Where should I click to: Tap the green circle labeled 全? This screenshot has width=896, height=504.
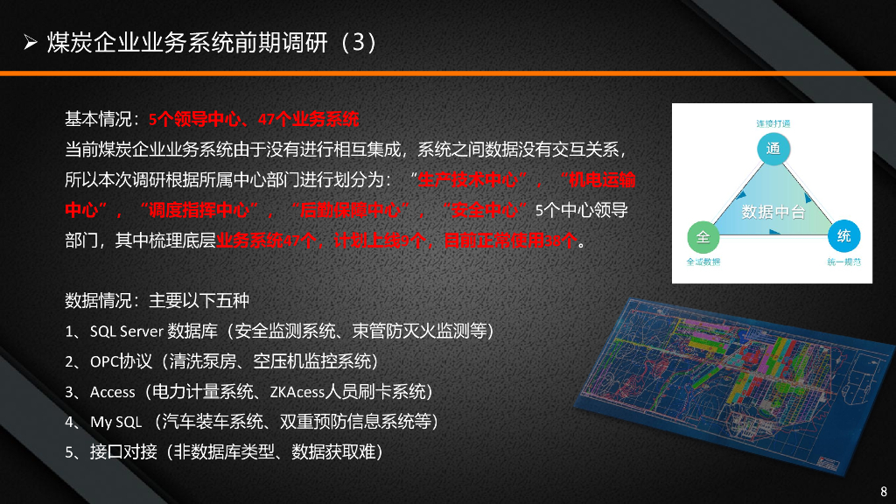702,236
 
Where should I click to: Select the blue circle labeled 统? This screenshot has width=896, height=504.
843,236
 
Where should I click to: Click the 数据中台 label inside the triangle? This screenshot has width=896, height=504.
773,212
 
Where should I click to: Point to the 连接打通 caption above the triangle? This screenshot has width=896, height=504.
773,123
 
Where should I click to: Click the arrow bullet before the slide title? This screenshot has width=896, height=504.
30,43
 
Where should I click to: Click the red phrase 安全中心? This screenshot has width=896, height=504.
486,210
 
